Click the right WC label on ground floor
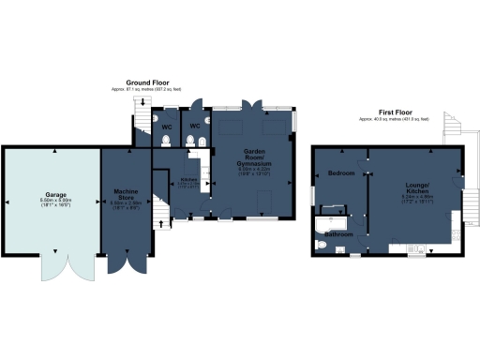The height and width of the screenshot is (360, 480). click(196, 125)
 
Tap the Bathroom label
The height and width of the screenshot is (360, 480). click(338, 232)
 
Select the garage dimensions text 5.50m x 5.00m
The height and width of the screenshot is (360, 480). click(50, 201)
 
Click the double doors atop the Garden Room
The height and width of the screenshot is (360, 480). click(250, 103)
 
